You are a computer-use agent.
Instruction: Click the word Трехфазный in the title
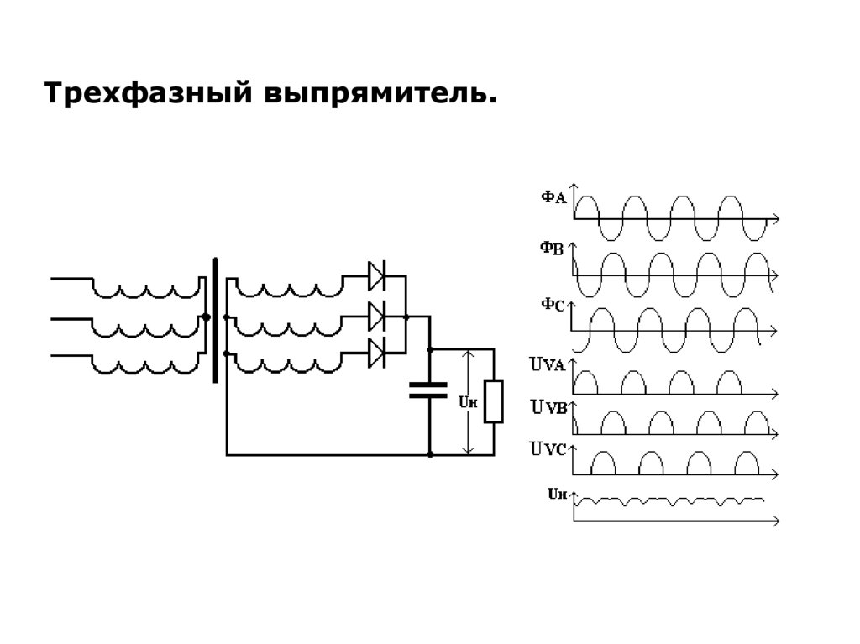[149, 93]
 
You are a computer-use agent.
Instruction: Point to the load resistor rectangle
[495, 401]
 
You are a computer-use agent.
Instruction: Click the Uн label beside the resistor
[467, 402]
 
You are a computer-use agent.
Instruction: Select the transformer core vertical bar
[216, 320]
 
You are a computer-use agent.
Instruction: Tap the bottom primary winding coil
[144, 366]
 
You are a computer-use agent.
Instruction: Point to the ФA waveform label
[553, 197]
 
